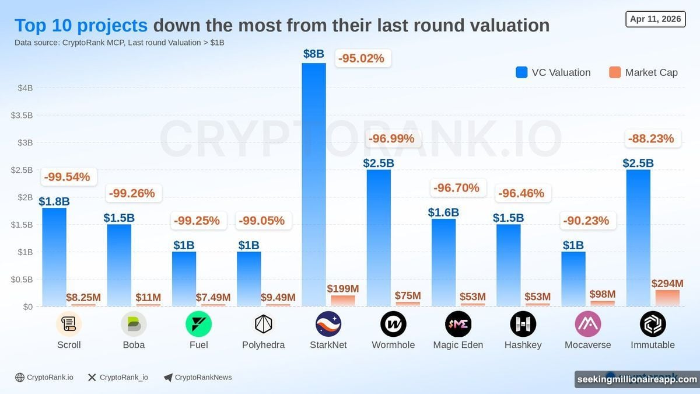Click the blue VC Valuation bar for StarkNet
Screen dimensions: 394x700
point(314,184)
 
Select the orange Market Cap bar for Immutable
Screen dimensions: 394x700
point(667,298)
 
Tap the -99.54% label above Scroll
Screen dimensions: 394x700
point(69,176)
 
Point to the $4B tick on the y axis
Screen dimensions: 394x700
point(25,88)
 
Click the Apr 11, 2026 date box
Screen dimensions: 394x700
point(655,19)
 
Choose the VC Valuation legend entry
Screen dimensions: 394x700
point(553,72)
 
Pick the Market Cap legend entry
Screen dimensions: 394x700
point(643,72)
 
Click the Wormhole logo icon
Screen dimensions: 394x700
point(393,324)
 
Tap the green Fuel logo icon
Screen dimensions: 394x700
point(198,324)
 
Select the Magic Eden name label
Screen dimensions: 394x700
point(458,345)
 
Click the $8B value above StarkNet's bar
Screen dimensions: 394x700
point(314,54)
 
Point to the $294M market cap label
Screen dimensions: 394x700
point(667,284)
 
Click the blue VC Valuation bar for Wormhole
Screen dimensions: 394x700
point(379,238)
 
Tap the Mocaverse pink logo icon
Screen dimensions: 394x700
point(587,324)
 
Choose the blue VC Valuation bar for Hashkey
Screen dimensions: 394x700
point(508,265)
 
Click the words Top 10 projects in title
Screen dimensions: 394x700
point(81,26)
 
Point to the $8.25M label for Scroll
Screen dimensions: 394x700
point(83,298)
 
